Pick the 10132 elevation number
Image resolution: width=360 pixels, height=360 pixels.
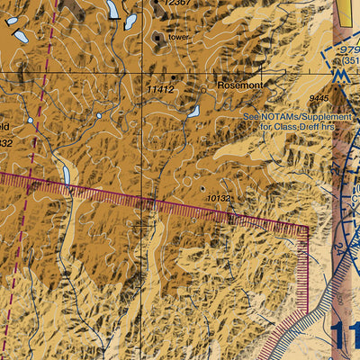220,197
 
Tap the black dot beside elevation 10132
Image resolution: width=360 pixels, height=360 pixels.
202,188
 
